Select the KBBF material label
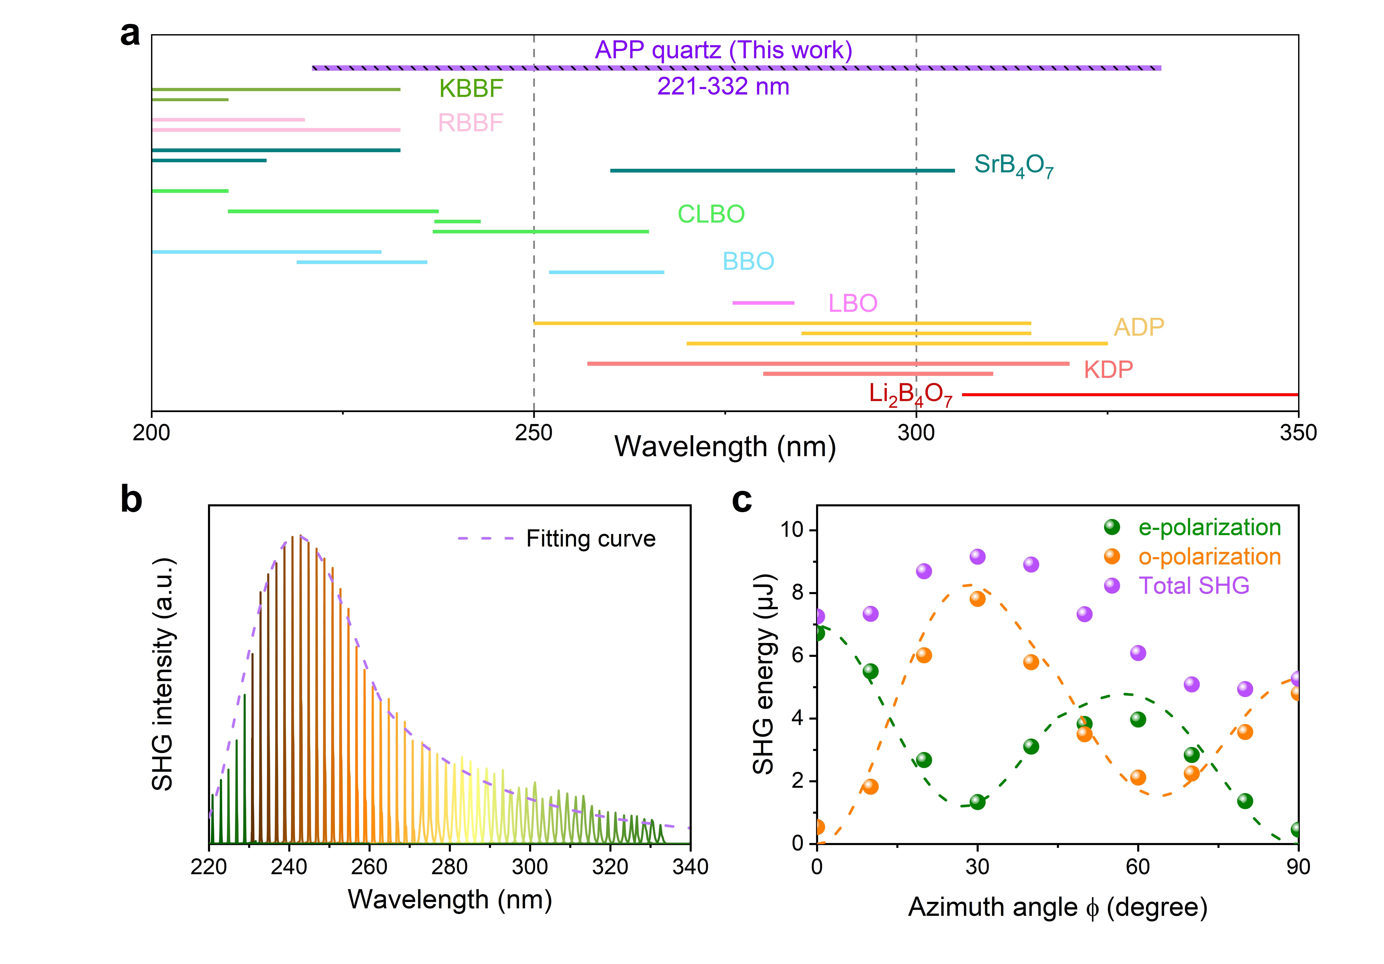point(471,89)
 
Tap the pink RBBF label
point(470,123)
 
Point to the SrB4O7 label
point(1014,164)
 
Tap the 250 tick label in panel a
point(533,433)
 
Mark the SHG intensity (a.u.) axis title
point(163,674)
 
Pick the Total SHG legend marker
point(1112,585)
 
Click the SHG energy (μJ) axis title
point(764,674)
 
